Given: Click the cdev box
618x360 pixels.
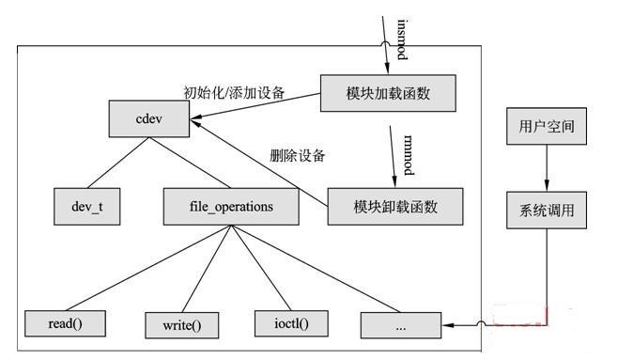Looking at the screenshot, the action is pyautogui.click(x=149, y=118).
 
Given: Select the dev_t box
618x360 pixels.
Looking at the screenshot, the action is pyautogui.click(x=87, y=206).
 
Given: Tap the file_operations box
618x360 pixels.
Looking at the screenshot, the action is pyautogui.click(x=231, y=206).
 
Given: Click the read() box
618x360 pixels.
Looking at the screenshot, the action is pyautogui.click(x=65, y=323).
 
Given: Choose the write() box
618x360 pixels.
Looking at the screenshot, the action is pyautogui.click(x=181, y=325).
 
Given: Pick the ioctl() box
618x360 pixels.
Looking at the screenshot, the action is pyautogui.click(x=291, y=323).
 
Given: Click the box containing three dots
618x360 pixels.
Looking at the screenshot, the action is pyautogui.click(x=401, y=325).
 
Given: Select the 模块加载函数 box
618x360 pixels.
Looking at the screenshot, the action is pyautogui.click(x=388, y=93).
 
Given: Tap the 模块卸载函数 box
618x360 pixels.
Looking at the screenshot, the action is pyautogui.click(x=395, y=206).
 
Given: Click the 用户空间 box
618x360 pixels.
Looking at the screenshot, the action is pyautogui.click(x=547, y=126).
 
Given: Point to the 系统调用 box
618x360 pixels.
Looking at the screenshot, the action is pyautogui.click(x=547, y=211).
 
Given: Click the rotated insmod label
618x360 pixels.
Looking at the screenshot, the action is pyautogui.click(x=402, y=39).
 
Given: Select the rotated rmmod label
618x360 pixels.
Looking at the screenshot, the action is pyautogui.click(x=409, y=155).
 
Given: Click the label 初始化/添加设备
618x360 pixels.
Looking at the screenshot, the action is pyautogui.click(x=234, y=93).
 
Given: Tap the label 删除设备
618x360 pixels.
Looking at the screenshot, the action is pyautogui.click(x=297, y=155).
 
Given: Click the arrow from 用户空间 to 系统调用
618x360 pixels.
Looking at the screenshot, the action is pyautogui.click(x=547, y=168).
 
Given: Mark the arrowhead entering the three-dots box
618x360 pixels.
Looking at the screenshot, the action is pyautogui.click(x=448, y=325).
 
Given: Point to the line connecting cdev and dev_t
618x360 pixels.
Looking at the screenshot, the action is pyautogui.click(x=118, y=163).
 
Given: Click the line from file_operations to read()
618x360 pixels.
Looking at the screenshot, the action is pyautogui.click(x=148, y=268).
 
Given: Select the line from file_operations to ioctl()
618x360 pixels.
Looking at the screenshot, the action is pyautogui.click(x=261, y=268).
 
